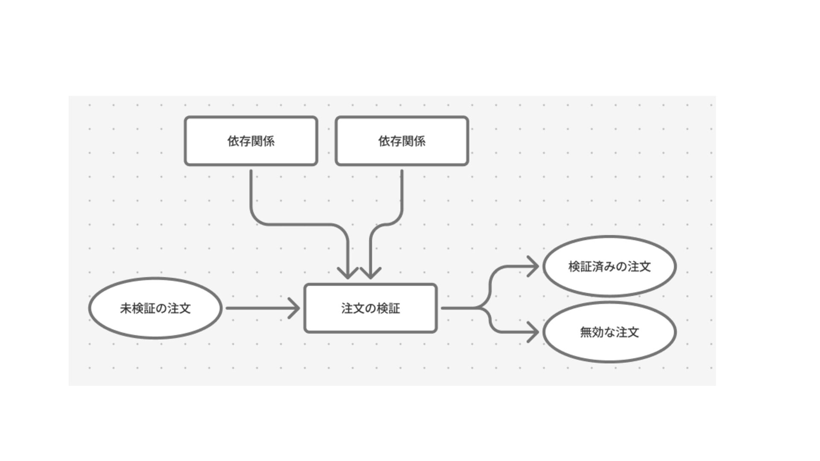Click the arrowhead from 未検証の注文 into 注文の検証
tap(296, 308)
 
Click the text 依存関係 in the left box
tap(251, 141)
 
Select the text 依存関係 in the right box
tap(402, 141)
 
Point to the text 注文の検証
tap(371, 308)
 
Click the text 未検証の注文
tap(155, 308)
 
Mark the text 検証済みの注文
tap(609, 266)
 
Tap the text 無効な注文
tap(609, 332)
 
